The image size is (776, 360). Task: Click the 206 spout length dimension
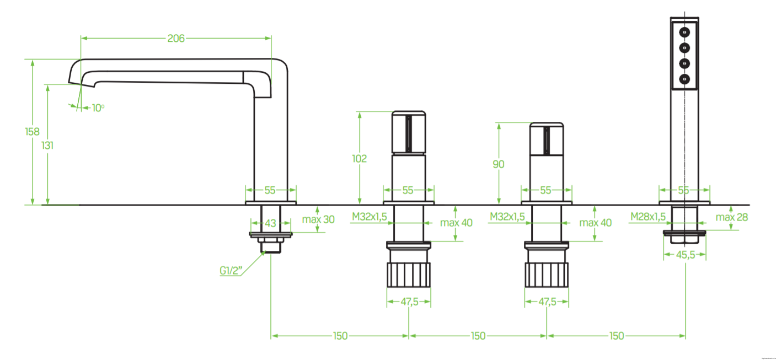(176, 38)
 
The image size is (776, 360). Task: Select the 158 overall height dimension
(33, 132)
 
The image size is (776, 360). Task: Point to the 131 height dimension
(47, 145)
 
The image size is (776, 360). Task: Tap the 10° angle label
(98, 108)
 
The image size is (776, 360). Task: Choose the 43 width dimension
(270, 223)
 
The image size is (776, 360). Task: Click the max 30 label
(318, 219)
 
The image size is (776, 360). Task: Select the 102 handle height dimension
(360, 159)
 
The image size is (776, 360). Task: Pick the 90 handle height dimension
(499, 164)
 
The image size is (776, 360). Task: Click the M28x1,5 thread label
(648, 217)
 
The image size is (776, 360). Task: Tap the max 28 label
(732, 217)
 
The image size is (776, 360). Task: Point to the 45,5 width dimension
(685, 255)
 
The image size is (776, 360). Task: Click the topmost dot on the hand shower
(685, 31)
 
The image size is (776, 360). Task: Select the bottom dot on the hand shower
(685, 79)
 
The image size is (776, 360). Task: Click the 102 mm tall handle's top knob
(408, 132)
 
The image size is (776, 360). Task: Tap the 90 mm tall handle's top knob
(547, 138)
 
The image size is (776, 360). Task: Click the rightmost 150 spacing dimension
(616, 336)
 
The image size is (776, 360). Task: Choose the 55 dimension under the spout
(270, 190)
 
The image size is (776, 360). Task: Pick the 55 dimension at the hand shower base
(684, 190)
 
